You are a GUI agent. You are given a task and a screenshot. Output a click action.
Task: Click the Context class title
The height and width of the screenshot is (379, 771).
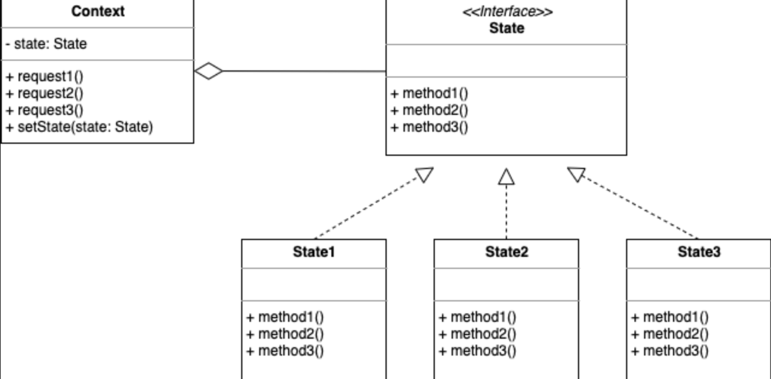[x=97, y=11]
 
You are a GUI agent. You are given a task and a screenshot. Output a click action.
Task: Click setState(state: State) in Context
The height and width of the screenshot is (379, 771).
[x=79, y=127]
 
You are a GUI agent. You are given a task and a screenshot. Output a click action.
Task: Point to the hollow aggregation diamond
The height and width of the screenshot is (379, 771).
[x=208, y=71]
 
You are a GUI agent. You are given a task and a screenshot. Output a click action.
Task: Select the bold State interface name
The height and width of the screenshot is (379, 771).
[x=506, y=28]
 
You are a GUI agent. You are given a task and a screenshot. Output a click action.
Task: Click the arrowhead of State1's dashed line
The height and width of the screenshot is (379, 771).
[x=425, y=175]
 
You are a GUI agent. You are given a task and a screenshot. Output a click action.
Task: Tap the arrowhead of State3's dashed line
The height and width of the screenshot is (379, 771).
[x=576, y=174]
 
